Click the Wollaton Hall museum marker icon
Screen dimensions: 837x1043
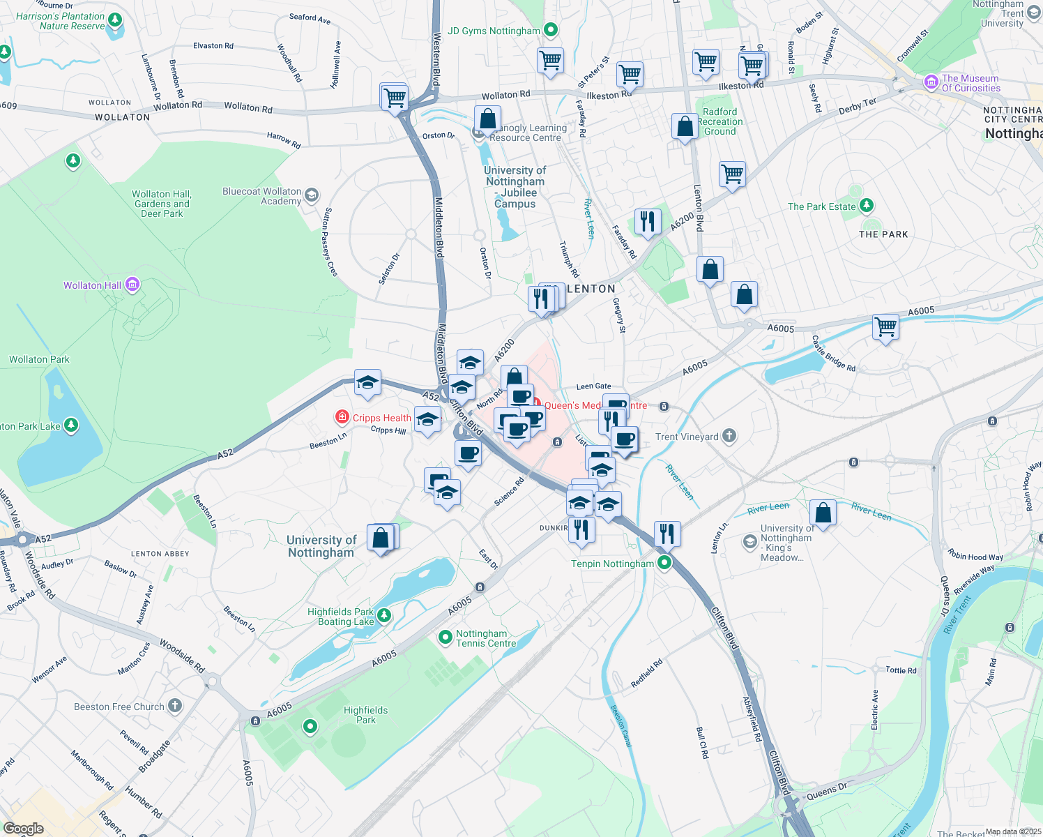(x=132, y=285)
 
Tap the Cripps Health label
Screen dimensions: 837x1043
(x=381, y=418)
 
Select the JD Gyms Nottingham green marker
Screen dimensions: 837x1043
(x=551, y=30)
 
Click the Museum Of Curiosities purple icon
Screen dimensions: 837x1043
(x=931, y=82)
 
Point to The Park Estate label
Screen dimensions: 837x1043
(x=821, y=206)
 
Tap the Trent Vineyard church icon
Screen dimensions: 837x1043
(x=729, y=436)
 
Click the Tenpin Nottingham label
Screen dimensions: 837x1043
(x=612, y=564)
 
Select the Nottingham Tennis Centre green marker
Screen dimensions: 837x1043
(x=446, y=637)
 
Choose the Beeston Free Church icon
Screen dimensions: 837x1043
(x=174, y=706)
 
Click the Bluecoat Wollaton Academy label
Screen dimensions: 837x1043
(x=261, y=196)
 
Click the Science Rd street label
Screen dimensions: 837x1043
(x=509, y=492)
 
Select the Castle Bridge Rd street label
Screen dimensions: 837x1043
(x=834, y=354)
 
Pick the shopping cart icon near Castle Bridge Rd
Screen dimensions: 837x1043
(x=885, y=326)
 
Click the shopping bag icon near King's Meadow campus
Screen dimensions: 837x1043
(x=823, y=513)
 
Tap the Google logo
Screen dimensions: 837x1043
(x=24, y=828)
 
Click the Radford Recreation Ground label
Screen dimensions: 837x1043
(x=720, y=121)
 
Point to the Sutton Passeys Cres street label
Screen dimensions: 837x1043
(x=330, y=242)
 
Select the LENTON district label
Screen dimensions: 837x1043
(x=591, y=289)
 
